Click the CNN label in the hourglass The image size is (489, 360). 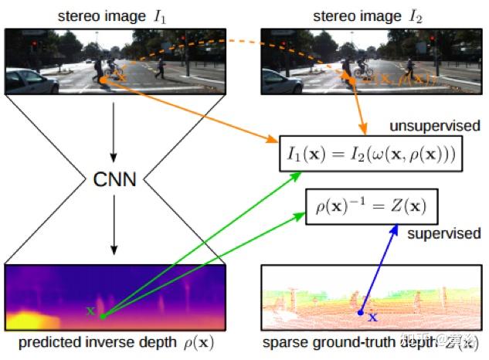click(114, 180)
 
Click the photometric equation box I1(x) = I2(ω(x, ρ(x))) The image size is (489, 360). click(368, 155)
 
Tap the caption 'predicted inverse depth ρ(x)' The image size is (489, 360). click(114, 343)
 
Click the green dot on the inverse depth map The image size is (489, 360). click(102, 315)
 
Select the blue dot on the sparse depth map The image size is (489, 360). click(360, 313)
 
